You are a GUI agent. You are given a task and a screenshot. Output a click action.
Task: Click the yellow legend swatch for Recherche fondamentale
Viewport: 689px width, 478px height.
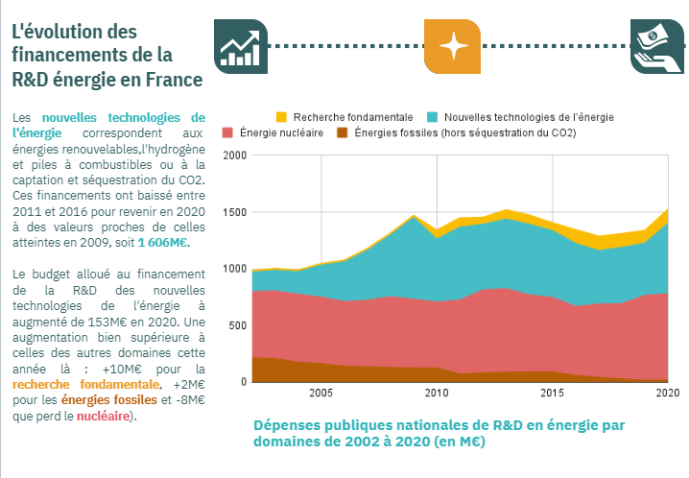coord(281,116)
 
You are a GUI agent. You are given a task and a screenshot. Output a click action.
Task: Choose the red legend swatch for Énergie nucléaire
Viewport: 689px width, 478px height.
coord(227,132)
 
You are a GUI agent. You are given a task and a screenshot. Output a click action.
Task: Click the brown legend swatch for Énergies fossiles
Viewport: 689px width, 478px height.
coord(343,132)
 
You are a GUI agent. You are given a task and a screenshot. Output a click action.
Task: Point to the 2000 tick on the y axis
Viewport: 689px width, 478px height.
coord(234,155)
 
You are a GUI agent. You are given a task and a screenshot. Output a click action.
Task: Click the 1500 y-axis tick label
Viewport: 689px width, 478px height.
coord(234,212)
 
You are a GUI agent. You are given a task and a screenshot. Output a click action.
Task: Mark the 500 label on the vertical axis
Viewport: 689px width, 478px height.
coord(236,325)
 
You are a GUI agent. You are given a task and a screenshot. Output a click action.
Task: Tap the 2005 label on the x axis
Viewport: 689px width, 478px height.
coord(321,394)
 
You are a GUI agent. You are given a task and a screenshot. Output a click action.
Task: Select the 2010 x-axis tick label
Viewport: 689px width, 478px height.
coord(437,394)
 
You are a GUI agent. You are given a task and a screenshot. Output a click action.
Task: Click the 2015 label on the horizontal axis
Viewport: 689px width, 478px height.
coord(552,394)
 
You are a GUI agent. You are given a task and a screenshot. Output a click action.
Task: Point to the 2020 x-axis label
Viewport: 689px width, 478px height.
coord(668,394)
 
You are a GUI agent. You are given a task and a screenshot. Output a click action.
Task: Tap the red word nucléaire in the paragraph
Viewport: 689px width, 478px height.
coord(106,415)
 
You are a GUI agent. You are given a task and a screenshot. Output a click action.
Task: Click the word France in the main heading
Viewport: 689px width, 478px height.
coord(172,78)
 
